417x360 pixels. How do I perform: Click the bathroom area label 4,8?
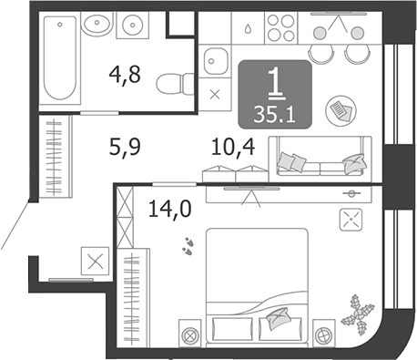125,75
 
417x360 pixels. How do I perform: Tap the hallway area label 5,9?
125,147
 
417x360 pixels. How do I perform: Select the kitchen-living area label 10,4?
233,147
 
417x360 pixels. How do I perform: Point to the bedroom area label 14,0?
169,210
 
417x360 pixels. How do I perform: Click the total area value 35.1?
274,115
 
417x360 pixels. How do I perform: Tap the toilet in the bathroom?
175,84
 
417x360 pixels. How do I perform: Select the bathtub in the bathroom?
60,57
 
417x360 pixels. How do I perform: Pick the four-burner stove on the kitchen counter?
280,28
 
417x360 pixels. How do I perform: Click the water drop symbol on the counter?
248,28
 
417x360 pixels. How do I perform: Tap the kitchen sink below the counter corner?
215,61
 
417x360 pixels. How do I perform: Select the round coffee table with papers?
341,109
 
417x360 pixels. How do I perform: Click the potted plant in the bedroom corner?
358,314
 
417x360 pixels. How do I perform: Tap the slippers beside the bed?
188,246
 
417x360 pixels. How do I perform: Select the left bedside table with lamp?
189,333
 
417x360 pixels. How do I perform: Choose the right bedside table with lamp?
324,333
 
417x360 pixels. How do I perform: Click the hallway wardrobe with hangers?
56,157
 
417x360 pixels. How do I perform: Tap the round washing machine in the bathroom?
133,25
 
